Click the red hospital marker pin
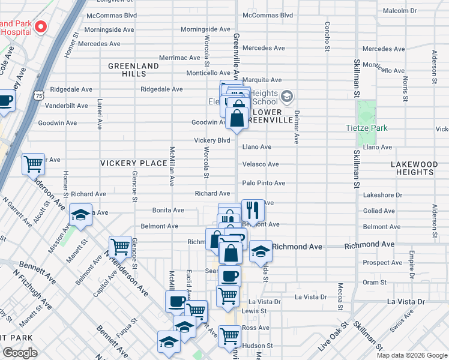click(41, 27)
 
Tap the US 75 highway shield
click(39, 95)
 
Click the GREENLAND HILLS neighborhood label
click(133, 70)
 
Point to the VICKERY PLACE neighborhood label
click(133, 163)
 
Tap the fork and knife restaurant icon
click(253, 211)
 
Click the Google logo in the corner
click(20, 353)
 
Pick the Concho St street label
click(328, 36)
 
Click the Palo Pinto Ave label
click(264, 183)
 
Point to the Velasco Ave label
click(261, 164)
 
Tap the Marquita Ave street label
click(262, 80)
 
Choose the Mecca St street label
click(340, 294)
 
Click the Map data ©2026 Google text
click(411, 355)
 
